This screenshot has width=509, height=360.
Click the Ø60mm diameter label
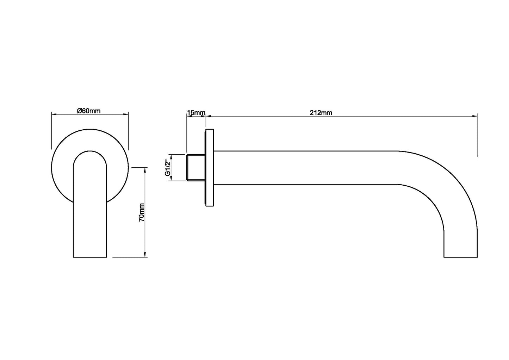pos(89,111)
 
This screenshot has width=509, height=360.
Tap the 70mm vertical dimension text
pos(141,212)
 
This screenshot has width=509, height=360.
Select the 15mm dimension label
pos(196,113)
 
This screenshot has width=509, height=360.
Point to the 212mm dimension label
pos(321,113)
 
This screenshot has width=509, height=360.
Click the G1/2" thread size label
pos(168,168)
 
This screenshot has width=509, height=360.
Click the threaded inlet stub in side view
pos(195,167)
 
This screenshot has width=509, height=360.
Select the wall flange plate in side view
pos(210,168)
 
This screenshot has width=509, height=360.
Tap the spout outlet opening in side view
pos(460,256)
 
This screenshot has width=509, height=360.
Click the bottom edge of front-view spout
pos(90,257)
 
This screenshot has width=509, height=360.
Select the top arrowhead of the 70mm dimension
pos(145,169)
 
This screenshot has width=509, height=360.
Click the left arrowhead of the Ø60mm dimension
pos(54,114)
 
